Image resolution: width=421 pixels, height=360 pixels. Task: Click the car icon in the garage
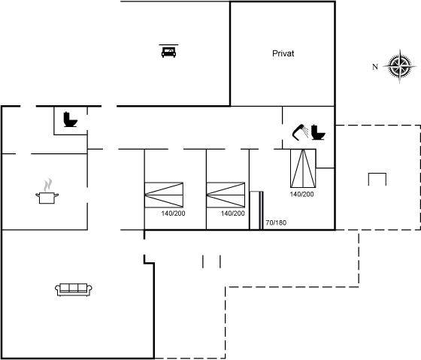[x=168, y=51]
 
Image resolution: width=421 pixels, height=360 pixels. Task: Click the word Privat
[x=283, y=53]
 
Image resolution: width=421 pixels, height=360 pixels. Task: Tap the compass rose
[x=400, y=66]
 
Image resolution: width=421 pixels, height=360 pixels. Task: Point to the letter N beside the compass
[x=375, y=67]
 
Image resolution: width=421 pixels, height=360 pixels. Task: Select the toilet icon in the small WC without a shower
[x=71, y=119]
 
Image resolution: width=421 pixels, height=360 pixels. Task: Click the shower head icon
[x=300, y=132]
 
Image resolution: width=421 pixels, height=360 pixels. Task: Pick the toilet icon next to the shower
[x=318, y=132]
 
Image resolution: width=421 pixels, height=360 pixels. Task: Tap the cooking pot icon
[x=47, y=198]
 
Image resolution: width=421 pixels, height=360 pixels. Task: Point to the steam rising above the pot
[x=48, y=185]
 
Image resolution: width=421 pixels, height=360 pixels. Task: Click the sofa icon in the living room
[x=74, y=289]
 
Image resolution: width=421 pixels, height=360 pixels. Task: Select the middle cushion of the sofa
[x=74, y=288]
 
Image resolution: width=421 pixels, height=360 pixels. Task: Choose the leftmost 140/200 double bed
[x=164, y=195]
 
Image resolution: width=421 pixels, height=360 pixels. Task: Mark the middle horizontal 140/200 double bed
[x=226, y=195]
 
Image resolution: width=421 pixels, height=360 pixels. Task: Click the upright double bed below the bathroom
[x=303, y=168]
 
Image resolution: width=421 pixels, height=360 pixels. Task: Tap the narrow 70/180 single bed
[x=256, y=210]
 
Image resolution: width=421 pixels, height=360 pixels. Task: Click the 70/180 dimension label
[x=276, y=222]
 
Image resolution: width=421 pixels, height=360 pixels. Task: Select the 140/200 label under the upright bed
[x=301, y=194]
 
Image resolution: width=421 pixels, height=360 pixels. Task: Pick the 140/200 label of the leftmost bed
[x=173, y=213]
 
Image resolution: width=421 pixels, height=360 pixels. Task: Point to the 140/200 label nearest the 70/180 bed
[x=233, y=213]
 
